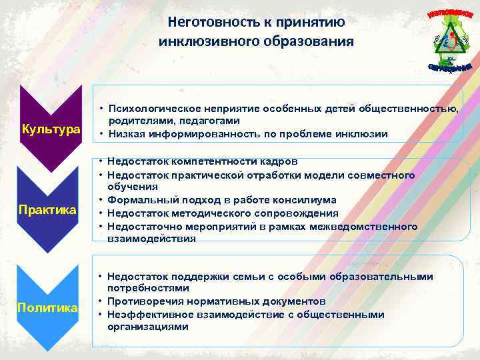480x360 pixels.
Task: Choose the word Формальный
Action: click(x=138, y=200)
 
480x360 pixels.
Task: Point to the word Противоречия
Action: click(x=144, y=301)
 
